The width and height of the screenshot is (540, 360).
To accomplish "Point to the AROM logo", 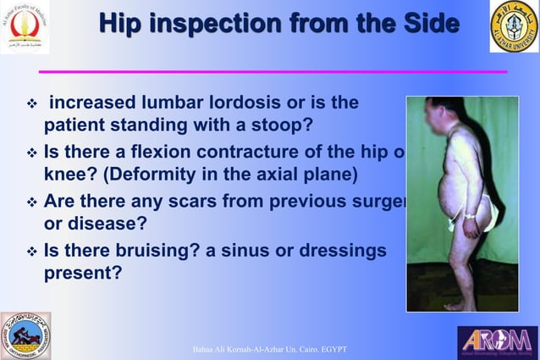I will tap(497, 341).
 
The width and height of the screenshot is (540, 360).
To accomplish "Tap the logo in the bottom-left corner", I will tap(25, 335).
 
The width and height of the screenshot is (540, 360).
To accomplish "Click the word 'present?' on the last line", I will tap(82, 274).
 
